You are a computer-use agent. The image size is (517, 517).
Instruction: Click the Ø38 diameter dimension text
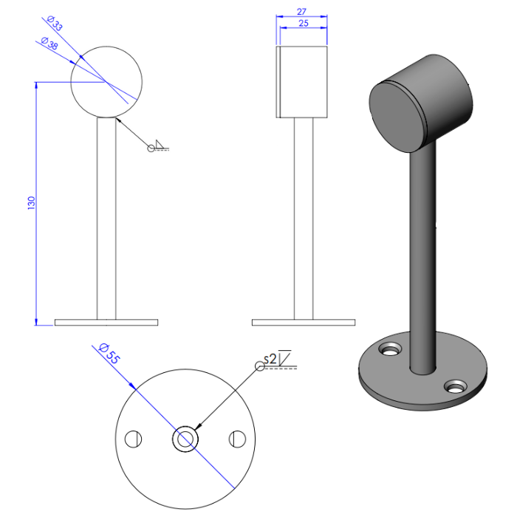coord(49,44)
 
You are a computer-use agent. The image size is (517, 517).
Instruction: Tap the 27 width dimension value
coord(303,13)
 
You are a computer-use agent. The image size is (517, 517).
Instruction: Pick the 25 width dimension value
coord(303,24)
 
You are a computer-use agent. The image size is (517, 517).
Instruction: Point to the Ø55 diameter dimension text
coord(109,354)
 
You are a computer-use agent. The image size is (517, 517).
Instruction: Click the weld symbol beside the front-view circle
coord(160,146)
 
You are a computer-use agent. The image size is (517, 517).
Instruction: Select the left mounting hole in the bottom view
coord(133,439)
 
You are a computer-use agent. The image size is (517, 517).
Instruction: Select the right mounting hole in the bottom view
coord(238,439)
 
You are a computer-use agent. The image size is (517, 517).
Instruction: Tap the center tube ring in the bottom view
coord(185,439)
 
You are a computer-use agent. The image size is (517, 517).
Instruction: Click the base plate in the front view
coord(107,322)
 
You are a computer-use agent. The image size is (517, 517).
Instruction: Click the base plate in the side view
coord(304,322)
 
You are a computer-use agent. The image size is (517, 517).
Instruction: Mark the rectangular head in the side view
coord(303,81)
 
